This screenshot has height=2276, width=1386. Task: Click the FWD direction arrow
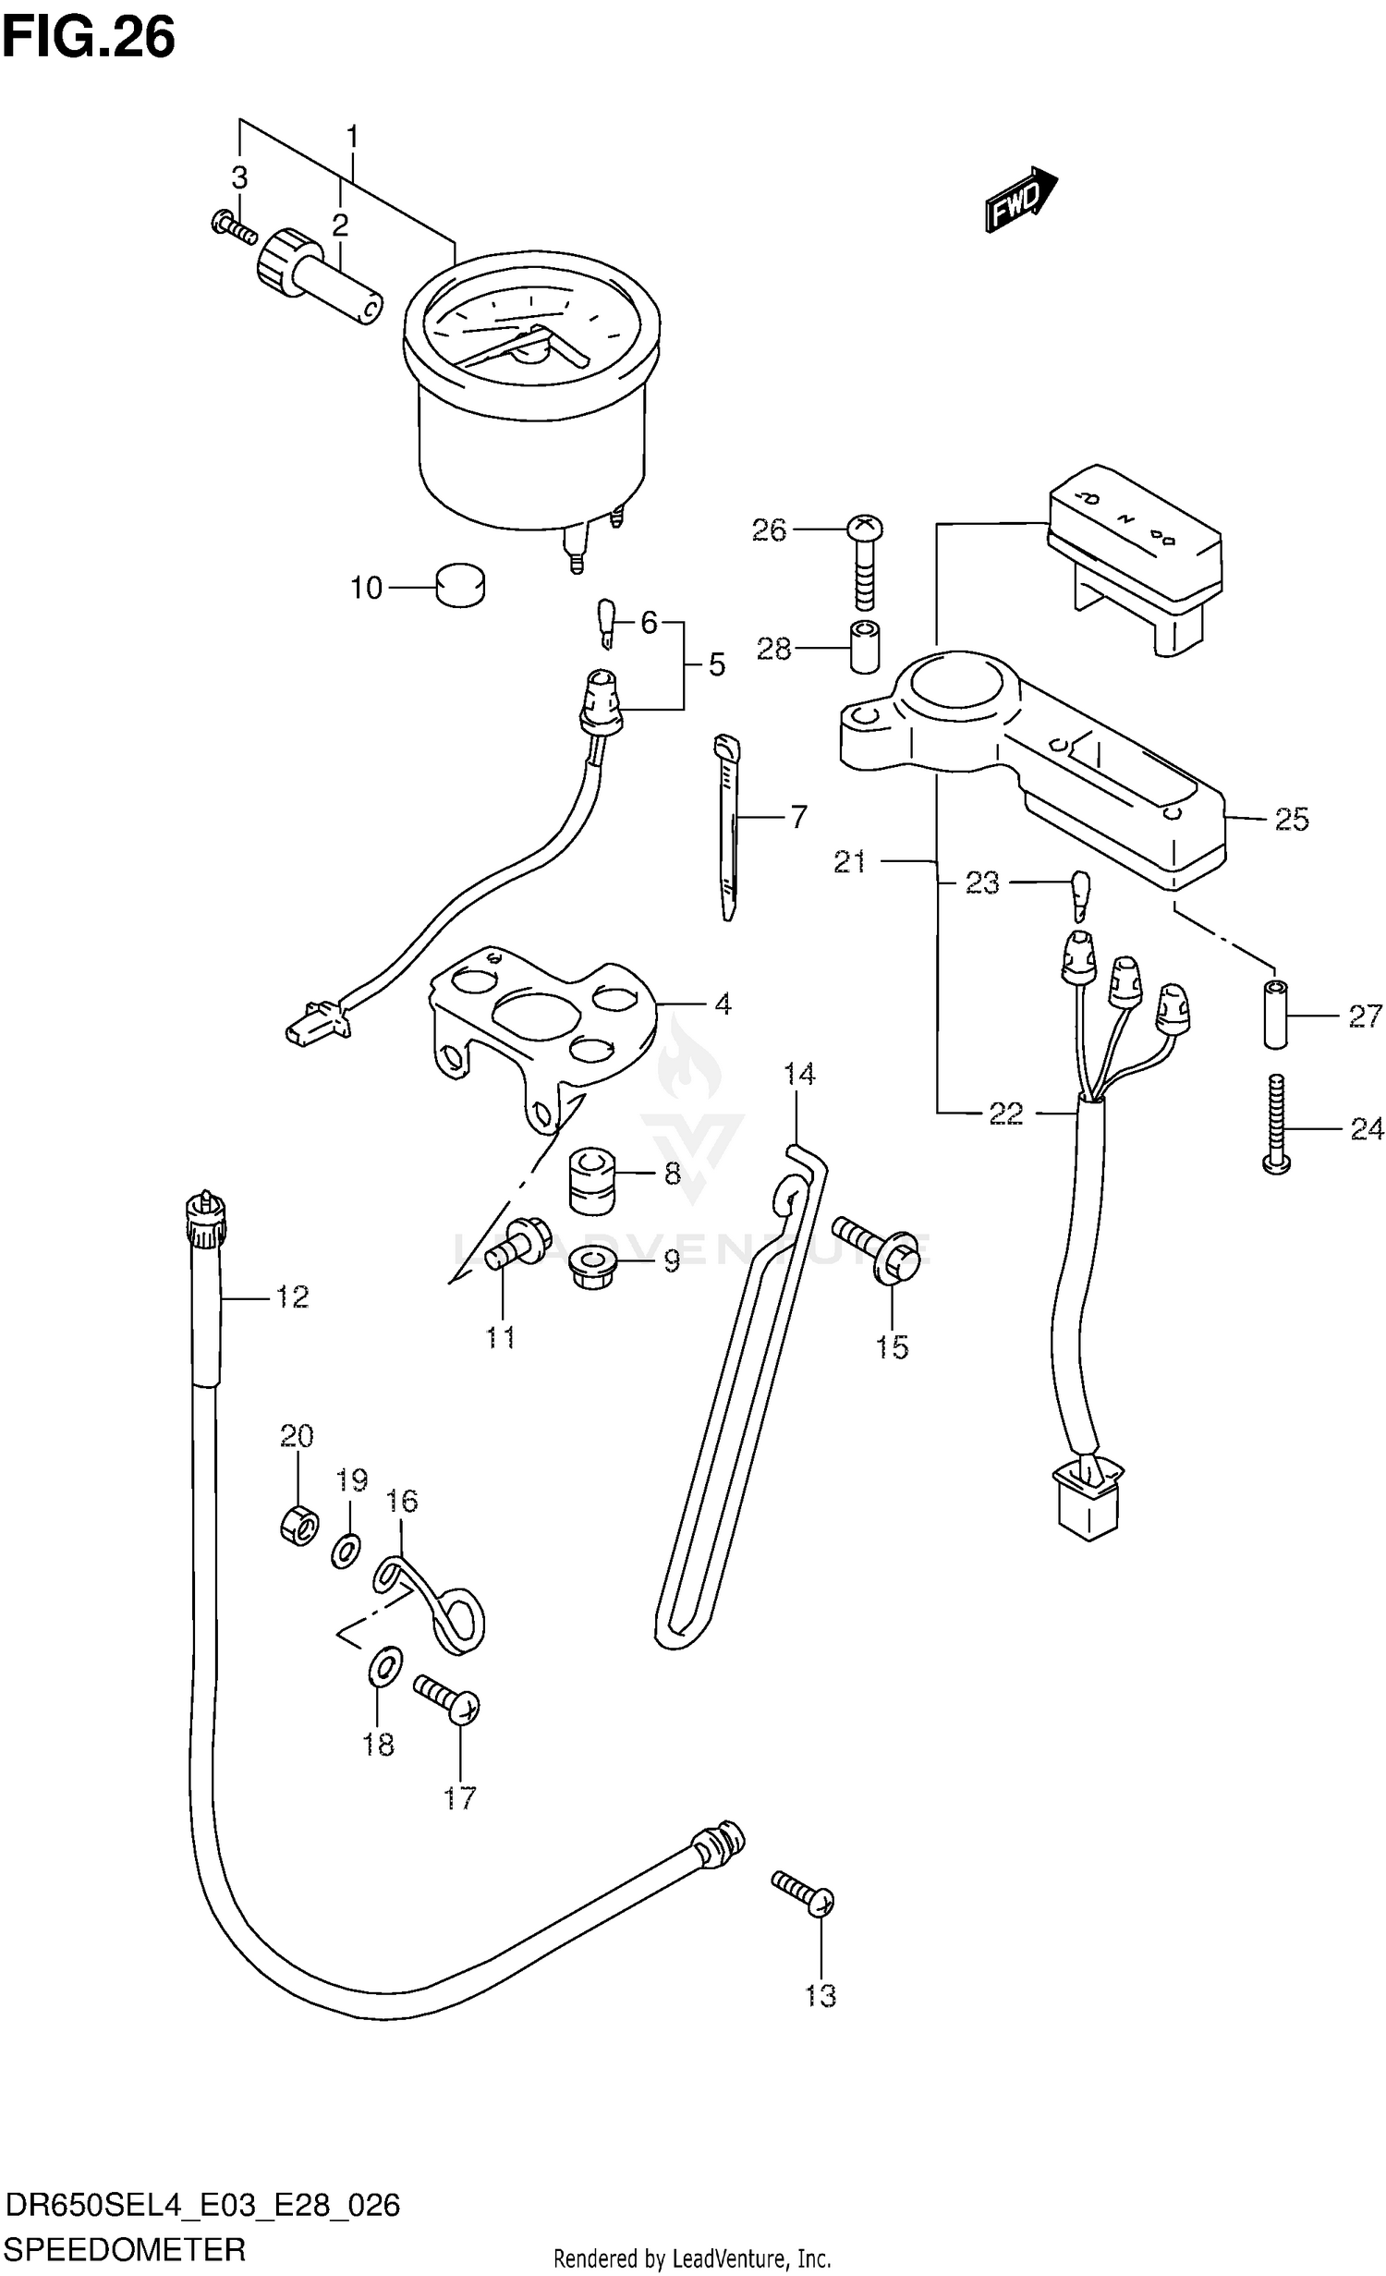click(x=1020, y=199)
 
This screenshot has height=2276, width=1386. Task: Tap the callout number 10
click(x=366, y=588)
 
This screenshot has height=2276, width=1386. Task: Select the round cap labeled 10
click(x=459, y=586)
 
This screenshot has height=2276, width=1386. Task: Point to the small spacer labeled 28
click(x=864, y=649)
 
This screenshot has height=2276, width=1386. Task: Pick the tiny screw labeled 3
click(x=233, y=225)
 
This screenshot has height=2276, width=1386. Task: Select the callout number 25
click(x=1291, y=819)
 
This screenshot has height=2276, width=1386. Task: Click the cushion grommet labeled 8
click(x=590, y=1180)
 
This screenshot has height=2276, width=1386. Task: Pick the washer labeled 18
click(x=385, y=1666)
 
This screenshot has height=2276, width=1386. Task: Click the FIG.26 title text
click(x=88, y=39)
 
